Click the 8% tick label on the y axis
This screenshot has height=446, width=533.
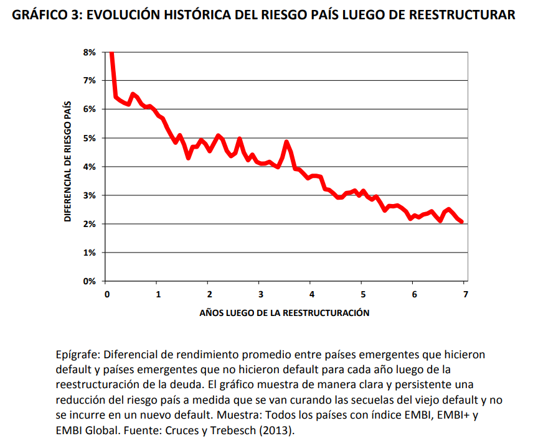89,52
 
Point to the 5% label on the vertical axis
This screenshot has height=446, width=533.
89,138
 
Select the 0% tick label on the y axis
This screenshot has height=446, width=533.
89,281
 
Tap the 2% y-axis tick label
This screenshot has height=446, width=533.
89,224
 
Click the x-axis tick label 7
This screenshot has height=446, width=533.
465,294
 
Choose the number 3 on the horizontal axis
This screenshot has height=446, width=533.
260,294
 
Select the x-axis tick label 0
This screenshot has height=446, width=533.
107,294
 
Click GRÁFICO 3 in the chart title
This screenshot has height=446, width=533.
40,15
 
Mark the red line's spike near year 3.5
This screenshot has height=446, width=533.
286,142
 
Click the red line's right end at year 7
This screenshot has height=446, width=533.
462,221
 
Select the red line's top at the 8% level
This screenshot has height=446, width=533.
111,54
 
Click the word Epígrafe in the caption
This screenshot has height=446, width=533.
77,355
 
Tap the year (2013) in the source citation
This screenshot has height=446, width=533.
278,430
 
